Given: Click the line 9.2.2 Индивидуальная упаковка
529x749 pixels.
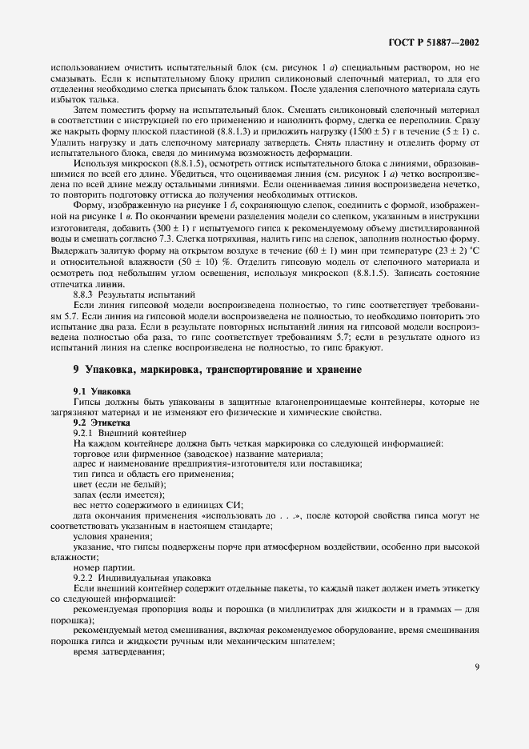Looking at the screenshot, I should pyautogui.click(x=130, y=578).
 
